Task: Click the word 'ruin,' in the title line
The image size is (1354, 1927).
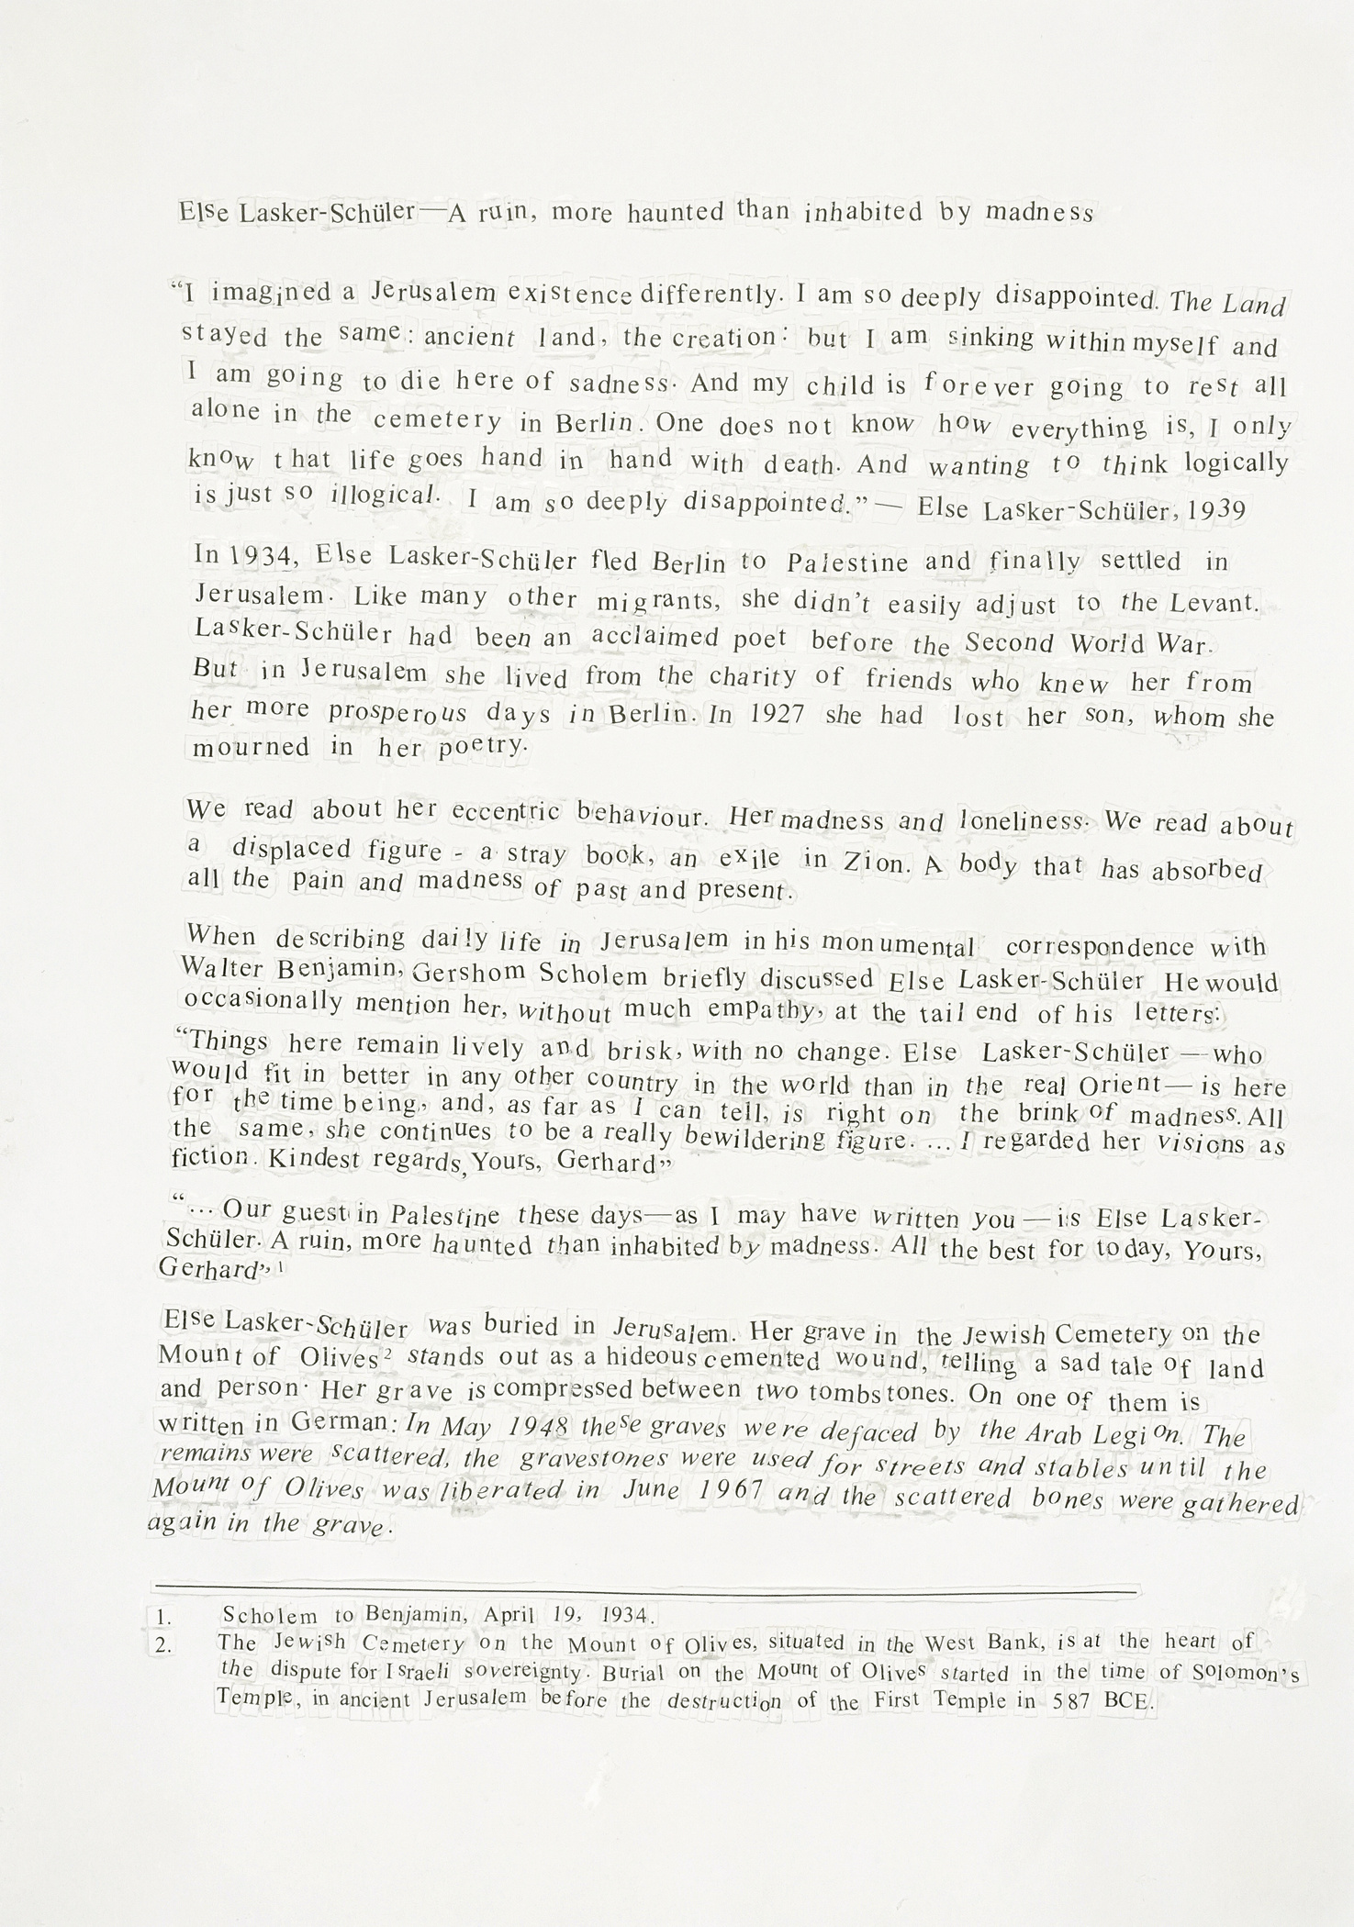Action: pyautogui.click(x=499, y=214)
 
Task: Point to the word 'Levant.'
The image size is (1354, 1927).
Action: pyautogui.click(x=1213, y=603)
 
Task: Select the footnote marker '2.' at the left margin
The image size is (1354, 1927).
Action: pyautogui.click(x=163, y=1645)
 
